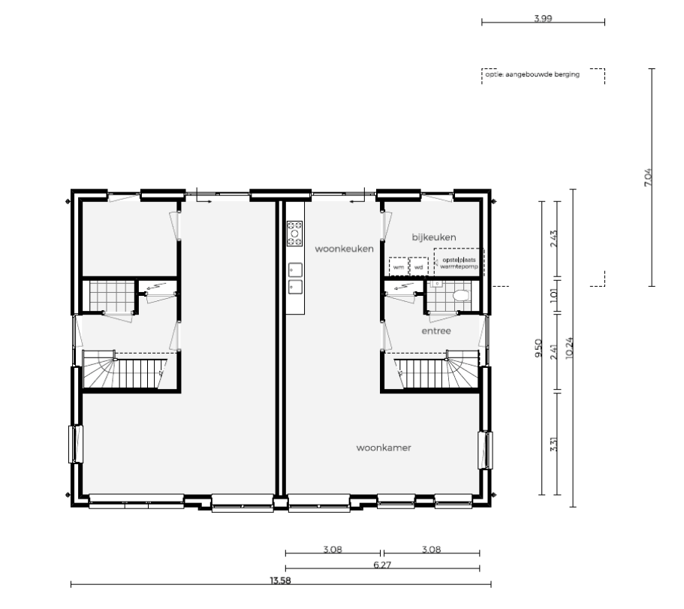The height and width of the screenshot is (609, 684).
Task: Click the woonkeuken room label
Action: point(344,249)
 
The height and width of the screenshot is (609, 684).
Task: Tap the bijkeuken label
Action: point(434,237)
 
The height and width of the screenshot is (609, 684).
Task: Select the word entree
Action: point(436,331)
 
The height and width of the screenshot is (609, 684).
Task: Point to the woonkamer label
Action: point(384,448)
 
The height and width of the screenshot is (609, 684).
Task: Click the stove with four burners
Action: point(295,234)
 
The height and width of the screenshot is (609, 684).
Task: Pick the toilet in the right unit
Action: point(461,296)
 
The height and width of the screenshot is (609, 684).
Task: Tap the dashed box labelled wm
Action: point(399,267)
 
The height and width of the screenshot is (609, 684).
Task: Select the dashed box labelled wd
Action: point(419,267)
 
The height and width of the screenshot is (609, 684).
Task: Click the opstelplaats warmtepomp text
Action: point(459,263)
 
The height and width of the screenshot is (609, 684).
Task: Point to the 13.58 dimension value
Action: point(280,580)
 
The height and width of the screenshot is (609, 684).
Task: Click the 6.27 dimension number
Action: point(383,565)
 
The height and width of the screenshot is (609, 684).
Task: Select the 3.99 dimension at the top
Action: point(543,18)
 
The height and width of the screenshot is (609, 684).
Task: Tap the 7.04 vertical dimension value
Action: point(648,177)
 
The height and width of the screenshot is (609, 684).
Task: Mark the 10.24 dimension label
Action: point(569,348)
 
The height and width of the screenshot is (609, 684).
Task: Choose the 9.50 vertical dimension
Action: point(538,348)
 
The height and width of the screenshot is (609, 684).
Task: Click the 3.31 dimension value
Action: point(553,444)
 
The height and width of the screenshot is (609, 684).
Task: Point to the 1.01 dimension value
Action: point(553,296)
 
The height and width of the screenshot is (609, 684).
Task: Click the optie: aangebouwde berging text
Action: point(532,74)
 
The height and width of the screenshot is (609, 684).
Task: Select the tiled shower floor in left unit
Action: point(111,296)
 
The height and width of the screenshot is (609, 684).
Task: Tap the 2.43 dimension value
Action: point(553,239)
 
